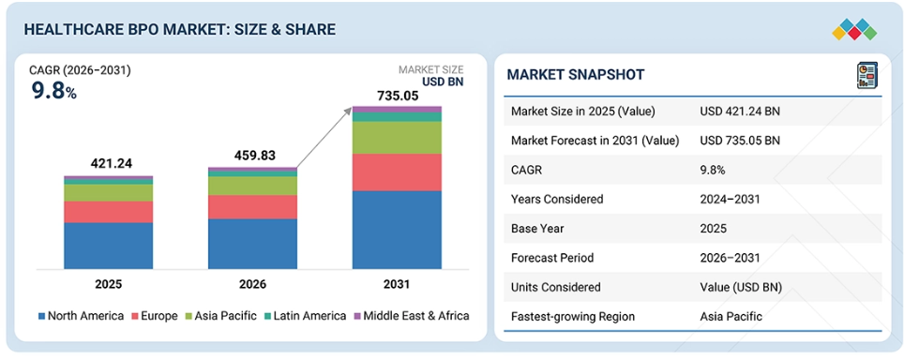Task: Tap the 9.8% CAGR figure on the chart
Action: [x=53, y=91]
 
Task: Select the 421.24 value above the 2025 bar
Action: [x=112, y=163]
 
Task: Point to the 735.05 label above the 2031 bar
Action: [x=398, y=96]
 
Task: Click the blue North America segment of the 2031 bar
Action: [x=398, y=230]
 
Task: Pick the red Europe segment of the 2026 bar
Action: [x=253, y=207]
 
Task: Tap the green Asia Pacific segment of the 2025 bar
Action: [x=109, y=192]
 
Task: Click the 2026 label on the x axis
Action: [x=252, y=284]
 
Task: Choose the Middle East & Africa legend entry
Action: [x=411, y=316]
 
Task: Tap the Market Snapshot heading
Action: [x=576, y=74]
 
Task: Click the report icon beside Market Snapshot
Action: [x=866, y=75]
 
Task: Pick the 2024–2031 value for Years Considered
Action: [x=730, y=199]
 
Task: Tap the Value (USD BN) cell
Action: [x=741, y=287]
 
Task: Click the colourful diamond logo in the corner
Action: [x=854, y=29]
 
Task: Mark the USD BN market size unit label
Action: [x=443, y=82]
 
